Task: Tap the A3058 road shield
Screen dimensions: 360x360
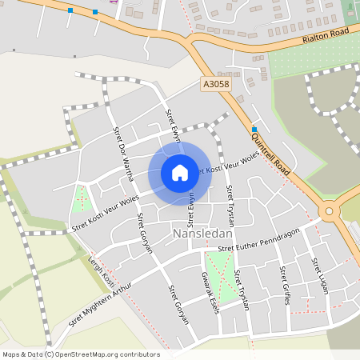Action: click(x=214, y=83)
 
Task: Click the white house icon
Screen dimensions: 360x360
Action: click(x=180, y=172)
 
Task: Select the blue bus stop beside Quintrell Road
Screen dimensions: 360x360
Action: click(x=254, y=130)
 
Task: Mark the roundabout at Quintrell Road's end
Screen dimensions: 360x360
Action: click(x=328, y=211)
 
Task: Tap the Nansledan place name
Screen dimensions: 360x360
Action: click(x=202, y=234)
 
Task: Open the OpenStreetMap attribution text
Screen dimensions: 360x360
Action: click(x=81, y=354)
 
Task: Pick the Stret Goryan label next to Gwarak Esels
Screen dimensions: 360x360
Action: click(x=178, y=303)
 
